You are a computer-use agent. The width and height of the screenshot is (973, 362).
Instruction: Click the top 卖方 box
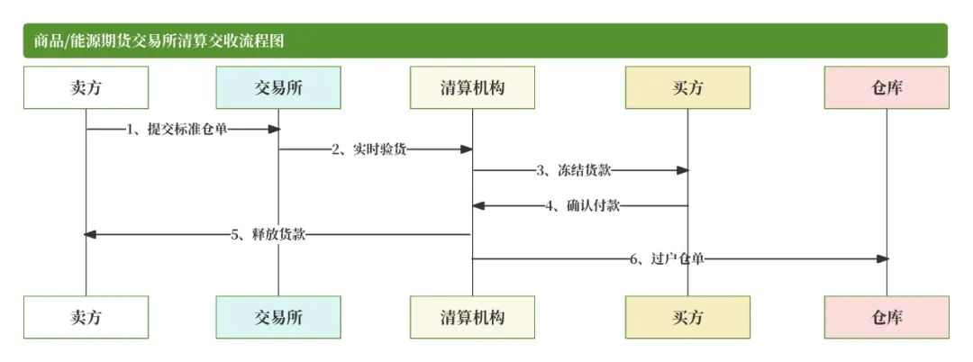click(86, 87)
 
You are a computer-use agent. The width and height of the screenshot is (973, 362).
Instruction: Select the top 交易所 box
click(278, 87)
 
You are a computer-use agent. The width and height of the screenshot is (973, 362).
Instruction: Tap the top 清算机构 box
click(472, 87)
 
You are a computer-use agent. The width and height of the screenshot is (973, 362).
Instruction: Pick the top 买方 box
click(687, 87)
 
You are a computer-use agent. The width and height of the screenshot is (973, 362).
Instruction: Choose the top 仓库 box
click(887, 87)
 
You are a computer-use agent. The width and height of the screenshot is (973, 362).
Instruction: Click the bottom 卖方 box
click(86, 317)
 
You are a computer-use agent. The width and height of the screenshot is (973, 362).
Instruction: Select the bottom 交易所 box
click(278, 317)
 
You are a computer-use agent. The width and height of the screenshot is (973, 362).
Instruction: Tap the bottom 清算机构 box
click(472, 317)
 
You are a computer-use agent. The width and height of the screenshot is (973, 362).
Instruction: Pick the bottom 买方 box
click(687, 317)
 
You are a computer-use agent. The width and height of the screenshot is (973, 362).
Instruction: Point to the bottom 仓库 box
click(887, 317)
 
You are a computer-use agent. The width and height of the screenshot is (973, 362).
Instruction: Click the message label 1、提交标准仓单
click(177, 130)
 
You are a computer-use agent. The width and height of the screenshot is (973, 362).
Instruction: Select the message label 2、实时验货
click(369, 149)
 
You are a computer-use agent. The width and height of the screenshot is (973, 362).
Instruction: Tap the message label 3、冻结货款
click(574, 169)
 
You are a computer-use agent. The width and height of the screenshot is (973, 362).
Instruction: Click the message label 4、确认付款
click(582, 205)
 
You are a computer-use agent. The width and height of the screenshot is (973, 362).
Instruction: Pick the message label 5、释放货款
click(268, 234)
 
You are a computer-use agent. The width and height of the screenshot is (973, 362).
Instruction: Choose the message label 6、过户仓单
click(667, 258)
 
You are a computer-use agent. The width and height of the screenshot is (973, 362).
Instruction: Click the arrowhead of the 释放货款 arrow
click(90, 234)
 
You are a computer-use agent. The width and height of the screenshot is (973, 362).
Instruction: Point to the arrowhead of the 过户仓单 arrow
click(883, 258)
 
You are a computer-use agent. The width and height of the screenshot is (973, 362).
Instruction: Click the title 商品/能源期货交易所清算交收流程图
click(161, 41)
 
